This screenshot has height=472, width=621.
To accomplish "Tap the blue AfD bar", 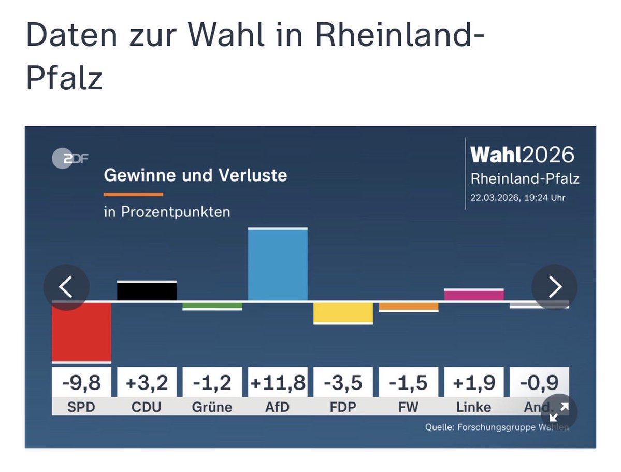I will click(x=278, y=265).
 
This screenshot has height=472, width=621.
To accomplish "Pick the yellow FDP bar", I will click(x=343, y=312).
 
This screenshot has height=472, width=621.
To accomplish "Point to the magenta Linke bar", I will click(x=474, y=295).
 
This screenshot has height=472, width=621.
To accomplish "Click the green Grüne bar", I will click(x=212, y=306).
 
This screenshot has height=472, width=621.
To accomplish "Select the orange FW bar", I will click(x=409, y=306).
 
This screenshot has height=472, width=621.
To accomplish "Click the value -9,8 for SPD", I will click(x=81, y=383).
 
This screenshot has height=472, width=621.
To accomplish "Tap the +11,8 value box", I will click(x=278, y=383).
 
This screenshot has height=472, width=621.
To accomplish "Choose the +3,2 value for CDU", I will click(x=147, y=383).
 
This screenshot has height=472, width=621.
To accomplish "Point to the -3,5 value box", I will click(x=343, y=383).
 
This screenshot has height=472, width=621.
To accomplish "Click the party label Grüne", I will click(x=212, y=407).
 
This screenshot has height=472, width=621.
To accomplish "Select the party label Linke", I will click(x=474, y=407).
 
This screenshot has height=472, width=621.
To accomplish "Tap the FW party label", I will click(x=409, y=407).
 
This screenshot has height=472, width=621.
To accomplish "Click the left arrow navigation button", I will click(x=66, y=287).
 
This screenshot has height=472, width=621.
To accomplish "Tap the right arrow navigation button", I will click(x=555, y=287).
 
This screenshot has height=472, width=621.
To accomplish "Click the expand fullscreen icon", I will click(x=558, y=412).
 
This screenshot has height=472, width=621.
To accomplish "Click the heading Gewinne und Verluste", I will click(x=195, y=175).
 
